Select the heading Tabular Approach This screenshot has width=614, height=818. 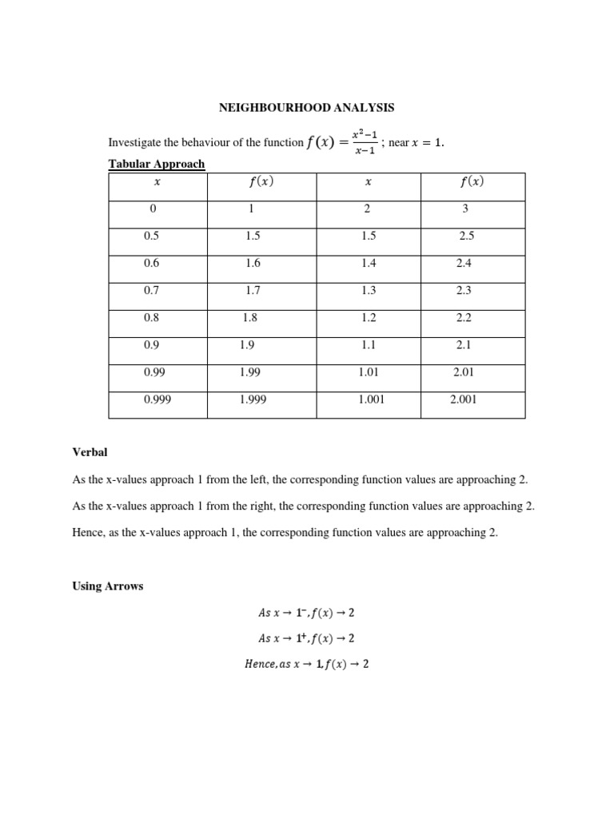click(x=157, y=164)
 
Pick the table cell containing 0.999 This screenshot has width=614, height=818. click(x=157, y=399)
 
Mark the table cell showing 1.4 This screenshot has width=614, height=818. click(x=369, y=263)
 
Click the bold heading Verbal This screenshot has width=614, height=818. click(x=90, y=452)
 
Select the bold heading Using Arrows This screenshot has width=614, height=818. click(x=108, y=586)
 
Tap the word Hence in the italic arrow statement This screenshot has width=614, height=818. click(x=260, y=664)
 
